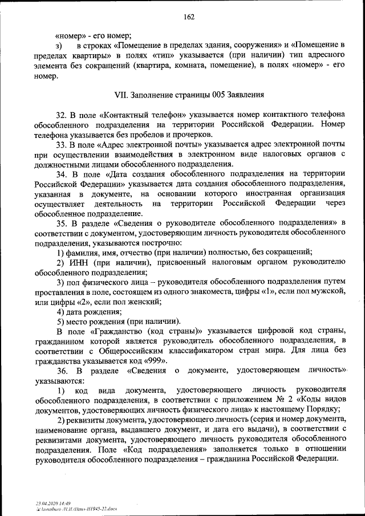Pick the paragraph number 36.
tap(62, 371)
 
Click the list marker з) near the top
tap(59, 44)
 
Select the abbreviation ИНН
tap(79, 262)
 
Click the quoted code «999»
tap(155, 360)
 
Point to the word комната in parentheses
tap(236, 65)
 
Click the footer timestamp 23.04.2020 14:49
tap(54, 503)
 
